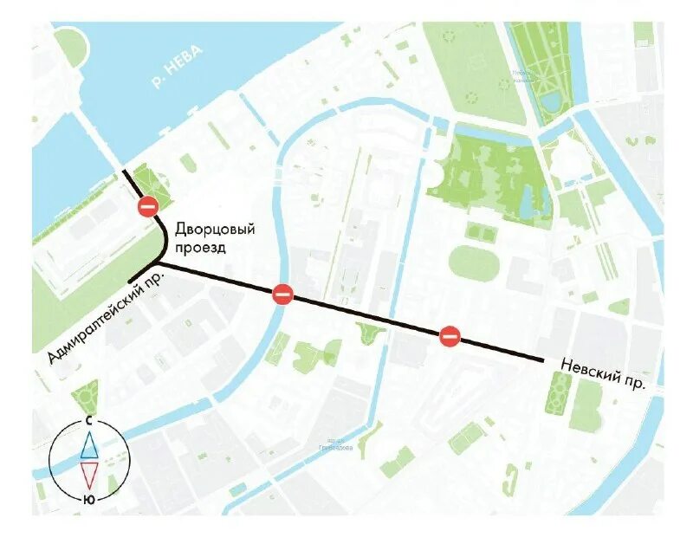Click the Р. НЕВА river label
[177, 68]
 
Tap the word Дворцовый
[216, 230]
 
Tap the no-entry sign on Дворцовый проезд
[148, 206]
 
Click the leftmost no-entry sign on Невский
[282, 295]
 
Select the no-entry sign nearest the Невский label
[449, 336]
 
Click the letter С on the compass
[89, 419]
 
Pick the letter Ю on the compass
[89, 500]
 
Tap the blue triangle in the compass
[89, 444]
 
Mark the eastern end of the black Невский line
[541, 359]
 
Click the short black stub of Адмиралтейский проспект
[141, 272]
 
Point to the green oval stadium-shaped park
[474, 263]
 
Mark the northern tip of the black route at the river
[124, 172]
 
